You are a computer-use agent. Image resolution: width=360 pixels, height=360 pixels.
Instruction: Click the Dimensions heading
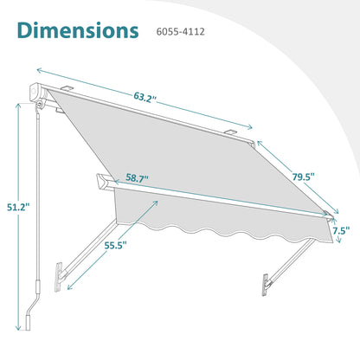[x=78, y=30]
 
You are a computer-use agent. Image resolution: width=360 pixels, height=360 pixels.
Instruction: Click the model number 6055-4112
[x=180, y=31]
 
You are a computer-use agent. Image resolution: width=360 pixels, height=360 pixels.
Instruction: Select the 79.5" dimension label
[x=303, y=177]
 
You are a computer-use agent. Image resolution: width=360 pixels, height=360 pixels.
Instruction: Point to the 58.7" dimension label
[x=137, y=178]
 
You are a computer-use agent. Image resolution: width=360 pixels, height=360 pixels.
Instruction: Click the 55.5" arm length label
[x=116, y=246]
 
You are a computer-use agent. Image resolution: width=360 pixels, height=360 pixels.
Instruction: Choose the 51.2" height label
[x=18, y=207]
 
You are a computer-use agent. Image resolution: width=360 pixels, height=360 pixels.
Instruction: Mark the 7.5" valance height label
[x=341, y=230]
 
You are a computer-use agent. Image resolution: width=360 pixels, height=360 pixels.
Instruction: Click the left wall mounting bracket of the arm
[x=59, y=277]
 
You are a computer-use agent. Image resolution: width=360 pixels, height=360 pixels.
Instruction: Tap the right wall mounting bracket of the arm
[x=266, y=286]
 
